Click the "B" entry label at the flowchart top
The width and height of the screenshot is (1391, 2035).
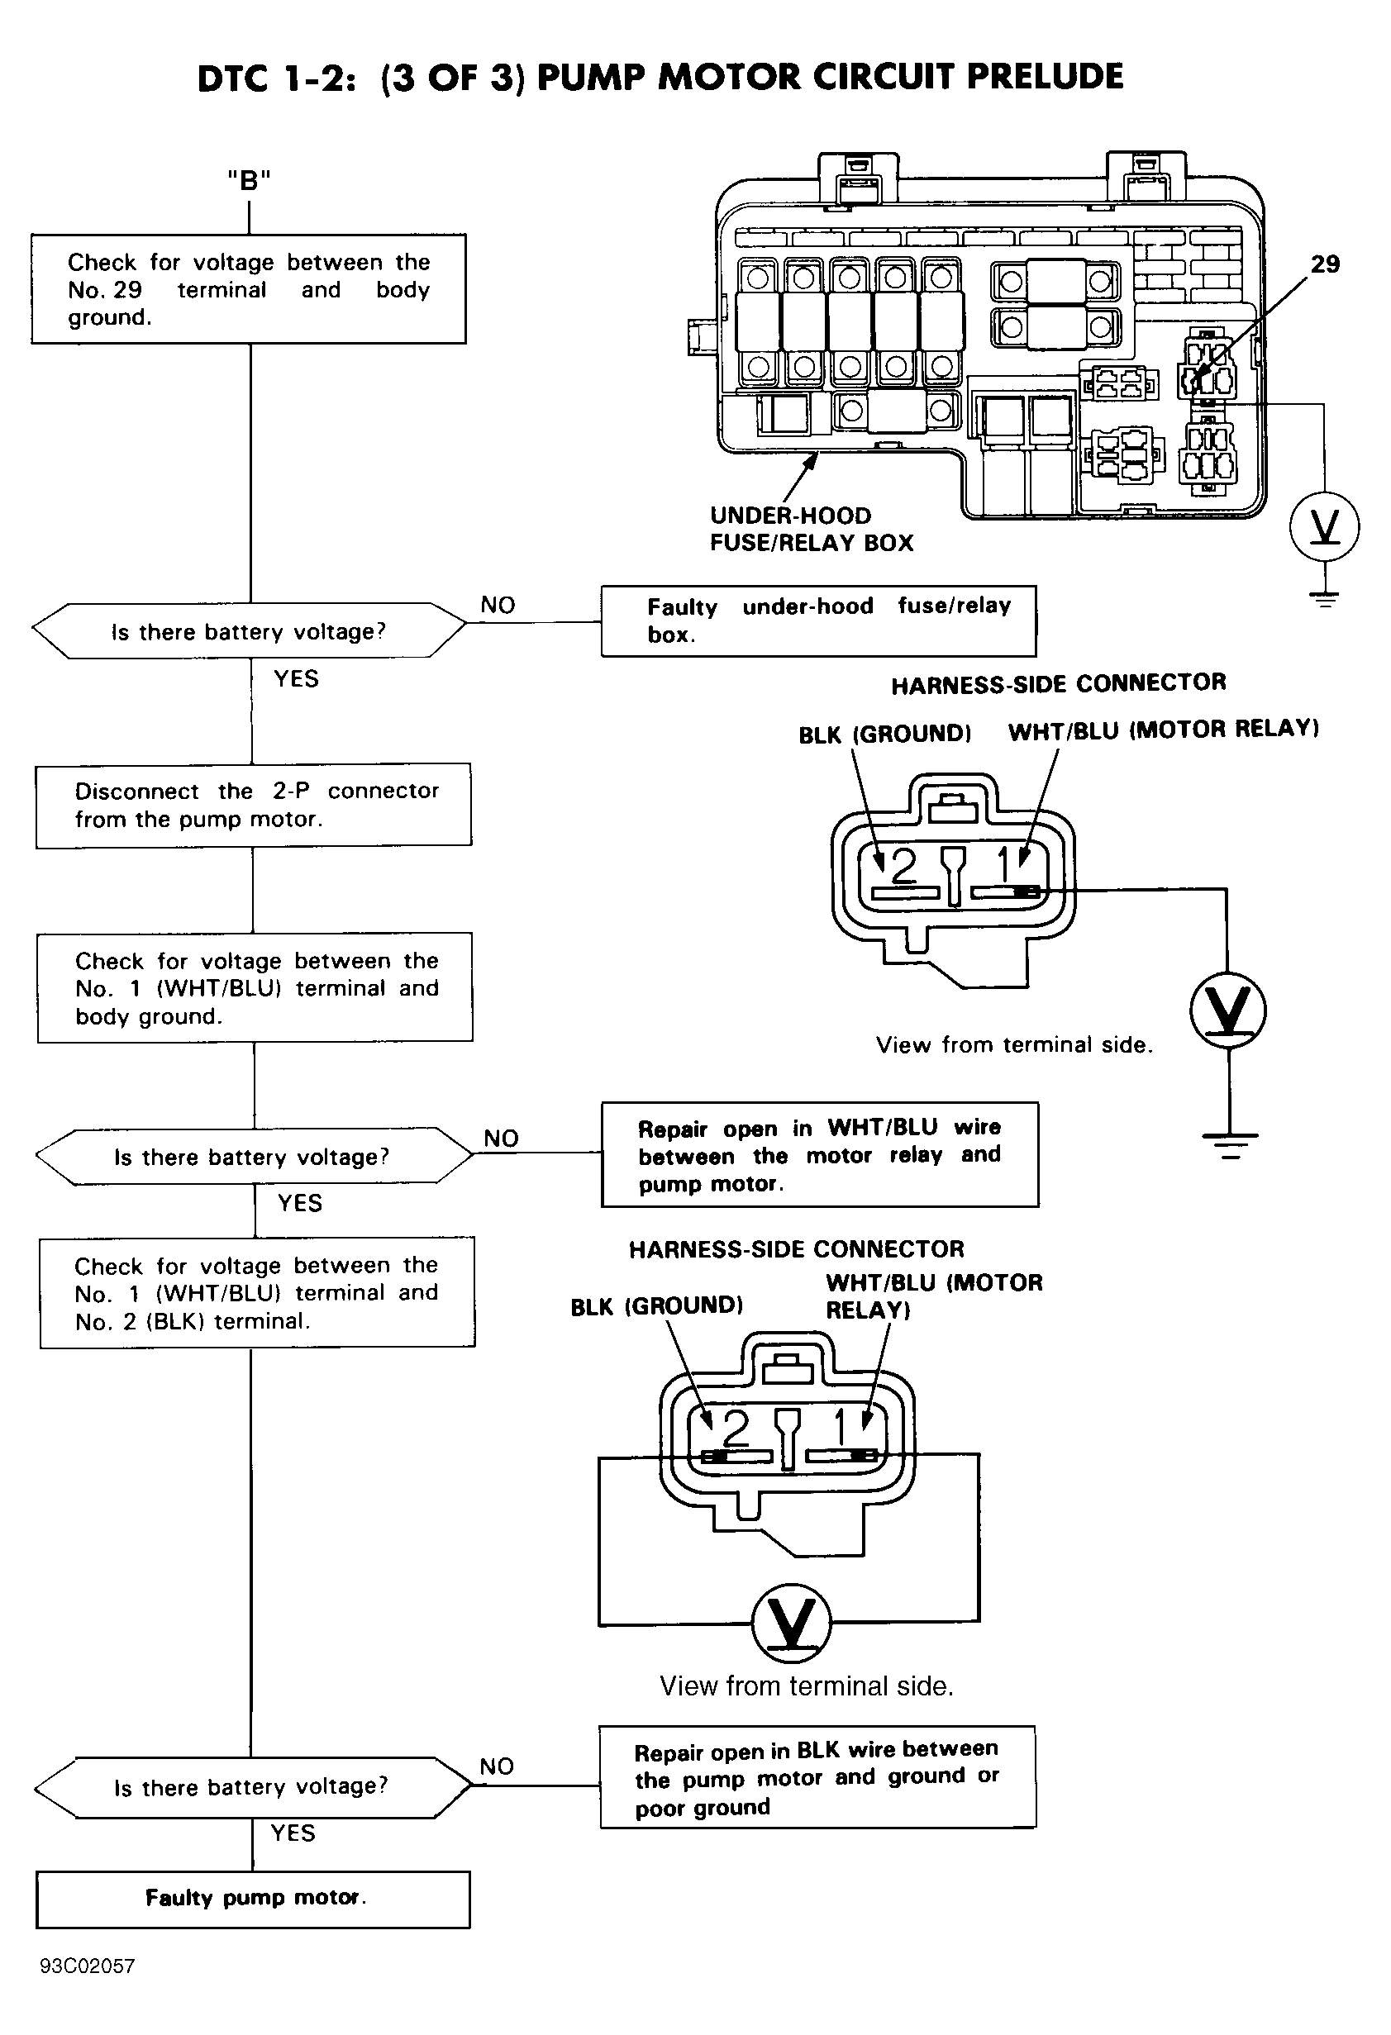point(249,180)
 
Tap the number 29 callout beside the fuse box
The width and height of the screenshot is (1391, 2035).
point(1324,264)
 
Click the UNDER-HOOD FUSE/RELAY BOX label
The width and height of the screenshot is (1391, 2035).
point(811,529)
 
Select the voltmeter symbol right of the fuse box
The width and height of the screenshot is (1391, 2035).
point(1324,527)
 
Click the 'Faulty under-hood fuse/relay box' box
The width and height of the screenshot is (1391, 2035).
point(818,620)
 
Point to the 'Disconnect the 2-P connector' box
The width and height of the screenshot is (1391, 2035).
point(253,805)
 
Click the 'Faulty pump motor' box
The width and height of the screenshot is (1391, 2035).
point(253,1899)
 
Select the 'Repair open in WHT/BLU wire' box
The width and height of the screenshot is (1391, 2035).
point(820,1154)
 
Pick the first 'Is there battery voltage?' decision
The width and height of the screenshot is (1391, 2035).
point(249,630)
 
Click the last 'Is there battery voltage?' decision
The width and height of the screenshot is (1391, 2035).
point(252,1787)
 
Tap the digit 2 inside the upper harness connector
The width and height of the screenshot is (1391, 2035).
point(903,867)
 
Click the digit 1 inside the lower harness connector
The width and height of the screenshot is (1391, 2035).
point(839,1427)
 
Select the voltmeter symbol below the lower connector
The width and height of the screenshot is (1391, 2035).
point(791,1623)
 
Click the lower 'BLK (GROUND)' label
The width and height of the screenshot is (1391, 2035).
point(656,1306)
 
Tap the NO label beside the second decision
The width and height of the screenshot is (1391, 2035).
point(501,1139)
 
